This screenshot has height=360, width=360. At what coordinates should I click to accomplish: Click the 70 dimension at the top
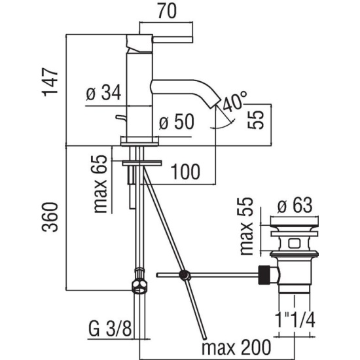(x=167, y=10)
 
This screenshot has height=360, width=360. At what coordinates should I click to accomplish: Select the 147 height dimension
(x=50, y=82)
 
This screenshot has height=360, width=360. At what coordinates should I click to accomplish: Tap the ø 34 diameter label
(x=103, y=92)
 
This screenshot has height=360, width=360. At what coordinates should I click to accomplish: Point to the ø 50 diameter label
(x=176, y=122)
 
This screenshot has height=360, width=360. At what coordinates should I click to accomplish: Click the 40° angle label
(x=234, y=101)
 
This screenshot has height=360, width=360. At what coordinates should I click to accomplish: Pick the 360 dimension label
(x=50, y=217)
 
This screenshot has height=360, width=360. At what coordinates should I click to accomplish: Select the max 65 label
(x=100, y=185)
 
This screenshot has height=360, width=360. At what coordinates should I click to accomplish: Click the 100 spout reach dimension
(x=185, y=171)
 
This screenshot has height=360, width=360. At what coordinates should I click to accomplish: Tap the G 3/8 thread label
(x=110, y=329)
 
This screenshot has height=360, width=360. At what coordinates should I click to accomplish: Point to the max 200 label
(x=236, y=348)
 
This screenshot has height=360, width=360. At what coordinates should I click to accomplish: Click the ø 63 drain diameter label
(x=295, y=206)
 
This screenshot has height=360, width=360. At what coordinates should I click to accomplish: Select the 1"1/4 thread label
(x=295, y=320)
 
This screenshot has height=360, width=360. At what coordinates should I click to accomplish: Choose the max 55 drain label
(x=247, y=226)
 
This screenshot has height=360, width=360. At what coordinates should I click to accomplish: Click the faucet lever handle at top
(x=172, y=39)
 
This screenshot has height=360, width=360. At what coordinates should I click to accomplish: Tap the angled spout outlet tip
(x=215, y=103)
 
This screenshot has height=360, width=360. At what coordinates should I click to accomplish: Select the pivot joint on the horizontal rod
(x=185, y=275)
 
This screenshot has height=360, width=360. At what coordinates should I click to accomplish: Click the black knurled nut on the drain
(x=264, y=275)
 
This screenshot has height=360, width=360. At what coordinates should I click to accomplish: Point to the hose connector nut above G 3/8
(x=139, y=281)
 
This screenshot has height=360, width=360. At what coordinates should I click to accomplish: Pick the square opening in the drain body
(x=295, y=243)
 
